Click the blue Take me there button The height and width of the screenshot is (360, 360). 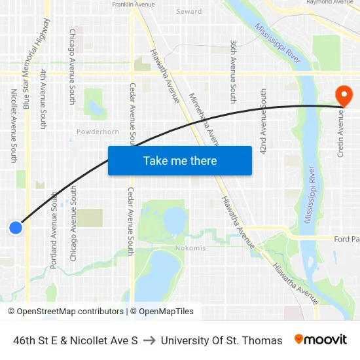180,160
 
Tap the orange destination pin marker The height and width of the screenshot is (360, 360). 344,96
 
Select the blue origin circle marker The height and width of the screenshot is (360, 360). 16,227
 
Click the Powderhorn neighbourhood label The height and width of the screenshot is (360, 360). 98,132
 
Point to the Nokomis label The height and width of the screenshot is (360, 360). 190,248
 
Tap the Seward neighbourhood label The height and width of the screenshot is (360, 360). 189,12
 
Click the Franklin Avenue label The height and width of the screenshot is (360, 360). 134,4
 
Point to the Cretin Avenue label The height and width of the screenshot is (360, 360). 340,134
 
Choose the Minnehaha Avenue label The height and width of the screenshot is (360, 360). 204,118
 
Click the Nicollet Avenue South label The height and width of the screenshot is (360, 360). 14,126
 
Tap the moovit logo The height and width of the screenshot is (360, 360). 321,340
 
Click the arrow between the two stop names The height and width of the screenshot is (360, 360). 149,340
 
